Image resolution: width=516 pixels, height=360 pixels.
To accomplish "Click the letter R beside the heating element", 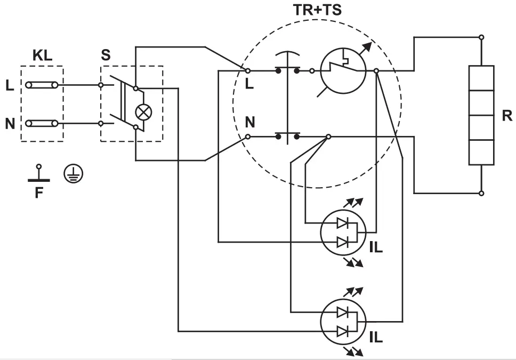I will pos(506,116).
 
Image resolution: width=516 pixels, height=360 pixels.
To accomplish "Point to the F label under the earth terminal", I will pos(38,193).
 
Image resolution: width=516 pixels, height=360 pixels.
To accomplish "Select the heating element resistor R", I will pos(481,115).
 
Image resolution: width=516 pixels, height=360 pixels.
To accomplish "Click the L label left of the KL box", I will pos(10,85).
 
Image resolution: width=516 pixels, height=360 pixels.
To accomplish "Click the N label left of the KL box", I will pos(10,124).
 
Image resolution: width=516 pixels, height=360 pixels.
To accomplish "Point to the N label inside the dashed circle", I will pos(249,123).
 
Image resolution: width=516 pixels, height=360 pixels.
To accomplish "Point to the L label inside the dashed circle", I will pos(248,83).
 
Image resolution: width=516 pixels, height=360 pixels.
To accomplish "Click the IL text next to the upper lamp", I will pos(376,248).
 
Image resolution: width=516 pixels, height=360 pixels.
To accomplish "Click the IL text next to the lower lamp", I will pos(376,338).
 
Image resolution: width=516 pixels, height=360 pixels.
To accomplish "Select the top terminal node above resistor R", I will pos(481,37).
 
